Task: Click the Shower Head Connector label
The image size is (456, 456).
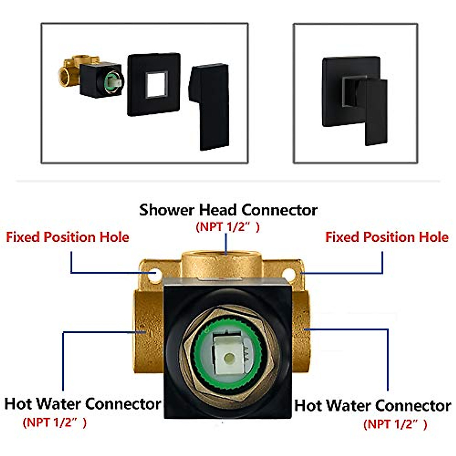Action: tap(228, 210)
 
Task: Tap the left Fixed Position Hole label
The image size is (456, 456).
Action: tap(68, 237)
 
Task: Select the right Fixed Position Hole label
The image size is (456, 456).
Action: tap(387, 237)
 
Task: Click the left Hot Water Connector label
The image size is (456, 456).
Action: tap(83, 404)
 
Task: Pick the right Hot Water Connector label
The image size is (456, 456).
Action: tap(373, 405)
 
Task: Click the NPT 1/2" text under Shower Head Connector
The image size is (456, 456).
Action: tap(228, 227)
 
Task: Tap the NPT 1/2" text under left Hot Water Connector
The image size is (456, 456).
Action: tap(55, 422)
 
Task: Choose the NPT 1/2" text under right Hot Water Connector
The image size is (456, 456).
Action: tap(395, 424)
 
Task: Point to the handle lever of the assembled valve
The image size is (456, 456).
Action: tap(374, 110)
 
